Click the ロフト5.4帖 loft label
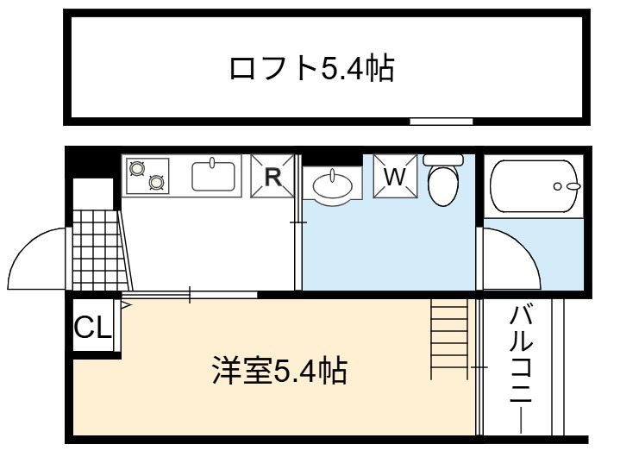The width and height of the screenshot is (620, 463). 312,69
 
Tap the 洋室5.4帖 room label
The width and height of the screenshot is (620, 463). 280,371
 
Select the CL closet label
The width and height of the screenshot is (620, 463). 93,327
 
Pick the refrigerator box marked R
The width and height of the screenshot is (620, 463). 272,176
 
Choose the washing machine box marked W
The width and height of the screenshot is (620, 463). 396,176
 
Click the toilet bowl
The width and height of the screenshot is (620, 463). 443,185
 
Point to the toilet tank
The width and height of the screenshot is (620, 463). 443,160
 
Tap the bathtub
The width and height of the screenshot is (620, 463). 535,186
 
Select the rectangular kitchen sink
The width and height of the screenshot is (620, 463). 214,177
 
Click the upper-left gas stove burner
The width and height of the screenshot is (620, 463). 137,168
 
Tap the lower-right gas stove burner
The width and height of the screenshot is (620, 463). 156,182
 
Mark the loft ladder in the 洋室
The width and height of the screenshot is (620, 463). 449,339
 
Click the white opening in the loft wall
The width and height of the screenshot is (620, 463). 442,122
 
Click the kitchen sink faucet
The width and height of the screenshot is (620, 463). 212,162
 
